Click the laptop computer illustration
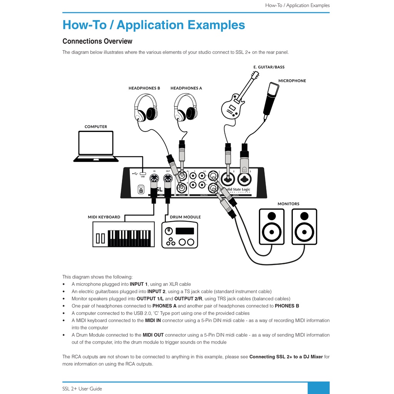pyautogui.click(x=96, y=146)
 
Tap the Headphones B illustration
pyautogui.click(x=145, y=108)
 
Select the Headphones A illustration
pyautogui.click(x=185, y=107)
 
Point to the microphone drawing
pyautogui.click(x=271, y=100)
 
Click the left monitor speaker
pyautogui.click(x=272, y=227)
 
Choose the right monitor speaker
pyautogui.click(x=304, y=227)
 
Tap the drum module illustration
pyautogui.click(x=180, y=235)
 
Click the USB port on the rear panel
pyautogui.click(x=143, y=173)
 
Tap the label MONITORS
pyautogui.click(x=288, y=204)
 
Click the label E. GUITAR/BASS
pyautogui.click(x=269, y=67)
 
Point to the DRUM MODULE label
pyautogui.click(x=185, y=217)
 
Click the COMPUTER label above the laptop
pyautogui.click(x=96, y=127)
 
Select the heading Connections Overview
pyautogui.click(x=97, y=41)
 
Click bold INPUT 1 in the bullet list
pyautogui.click(x=139, y=284)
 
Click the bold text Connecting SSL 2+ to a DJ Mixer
pyautogui.click(x=286, y=357)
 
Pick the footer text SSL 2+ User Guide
pyautogui.click(x=82, y=389)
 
